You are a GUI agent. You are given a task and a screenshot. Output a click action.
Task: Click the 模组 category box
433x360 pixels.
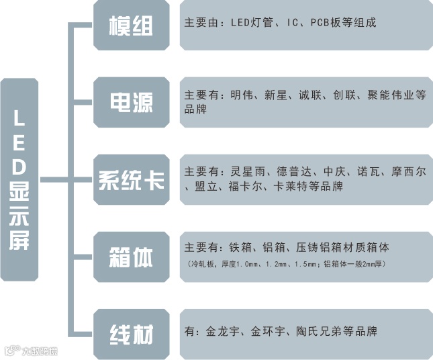[x=132, y=26]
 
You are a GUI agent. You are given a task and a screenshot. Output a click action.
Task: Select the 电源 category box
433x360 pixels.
[x=132, y=102]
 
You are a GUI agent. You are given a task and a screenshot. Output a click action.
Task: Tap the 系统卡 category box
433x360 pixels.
[x=132, y=179]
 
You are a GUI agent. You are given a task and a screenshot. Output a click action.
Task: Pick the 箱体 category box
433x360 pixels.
[x=132, y=257]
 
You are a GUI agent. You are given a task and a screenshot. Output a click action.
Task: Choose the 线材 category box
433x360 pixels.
[x=132, y=334]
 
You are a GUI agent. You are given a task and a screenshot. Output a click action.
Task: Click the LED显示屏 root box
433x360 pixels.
[x=19, y=179]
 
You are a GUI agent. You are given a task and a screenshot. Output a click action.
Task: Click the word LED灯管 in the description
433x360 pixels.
[x=250, y=23]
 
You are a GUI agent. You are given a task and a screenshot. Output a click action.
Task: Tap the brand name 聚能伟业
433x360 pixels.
[x=387, y=95]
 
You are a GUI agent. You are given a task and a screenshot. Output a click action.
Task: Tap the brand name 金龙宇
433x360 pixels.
[x=222, y=331]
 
